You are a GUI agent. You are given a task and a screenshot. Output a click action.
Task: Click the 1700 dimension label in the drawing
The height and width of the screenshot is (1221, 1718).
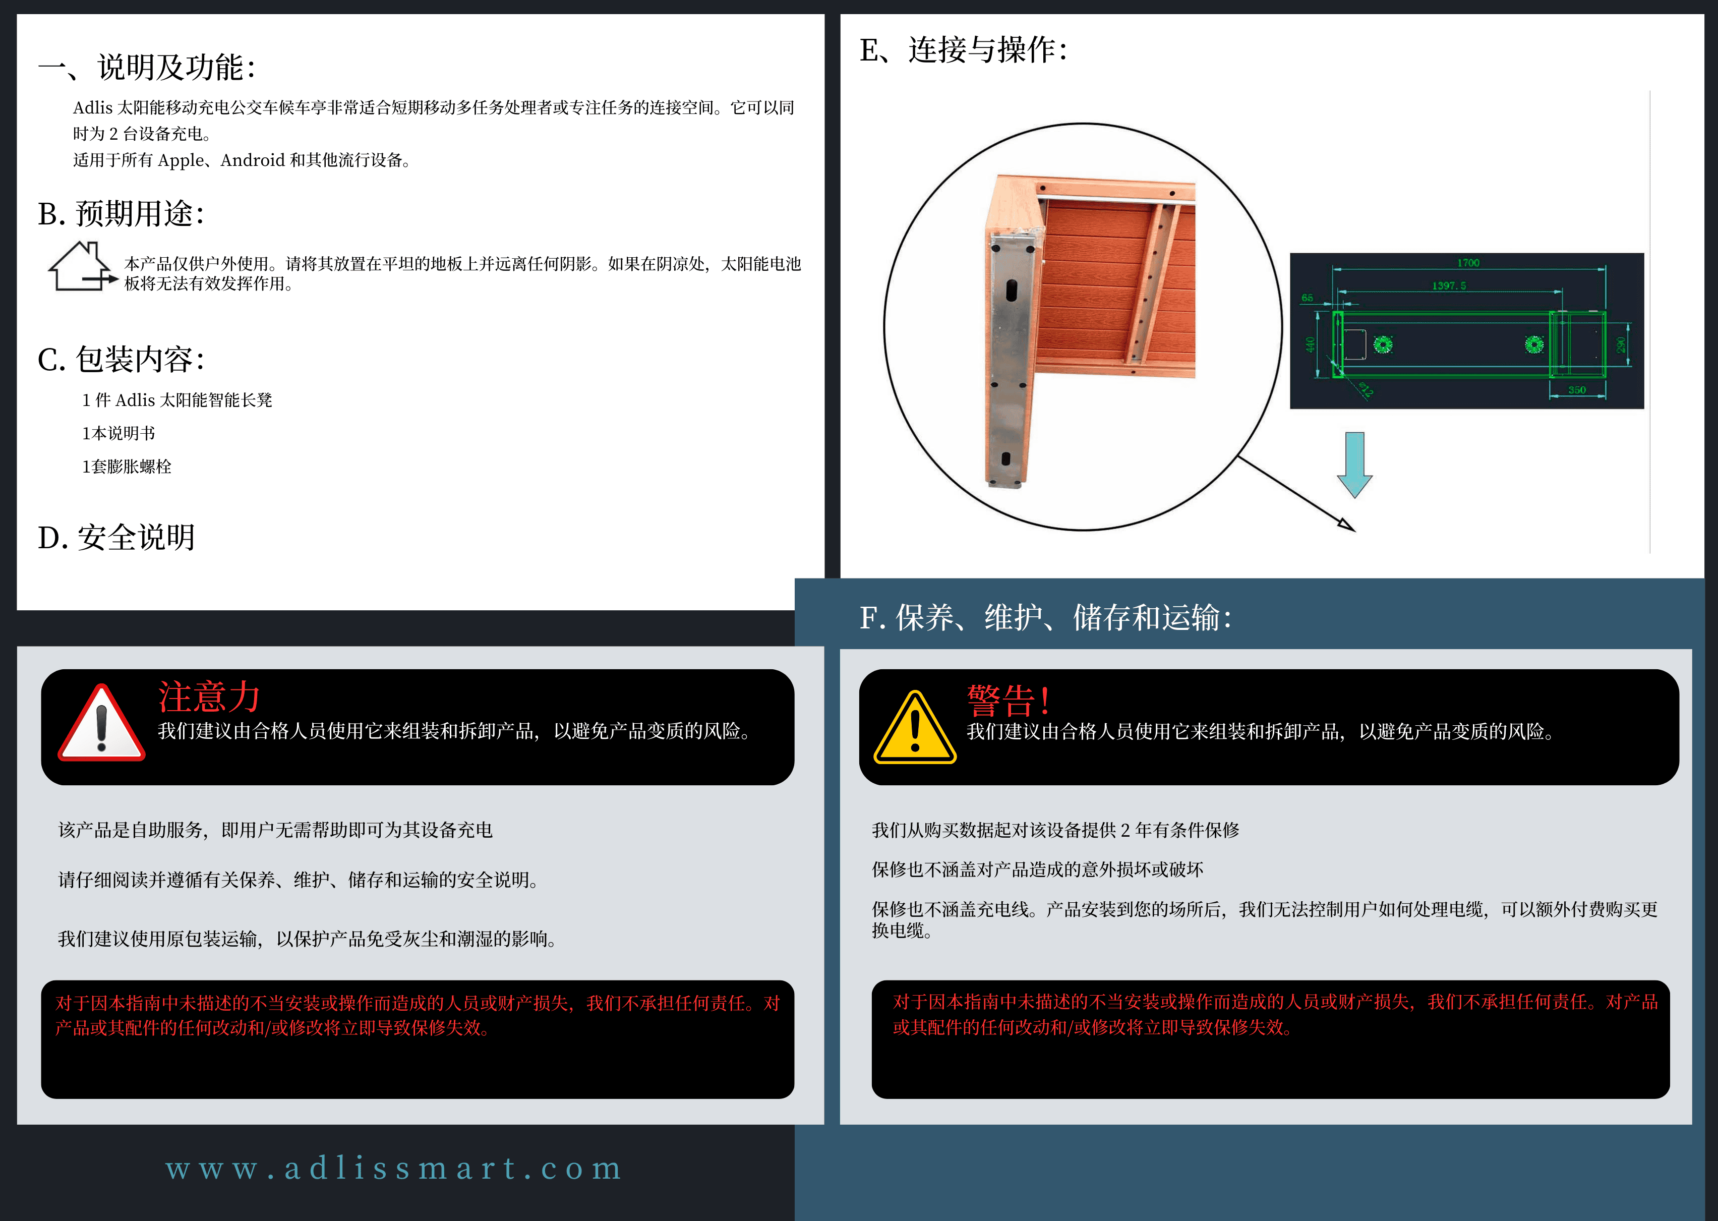tap(1468, 262)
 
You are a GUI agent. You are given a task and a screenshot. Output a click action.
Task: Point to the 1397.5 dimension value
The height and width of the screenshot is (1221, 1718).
tap(1448, 285)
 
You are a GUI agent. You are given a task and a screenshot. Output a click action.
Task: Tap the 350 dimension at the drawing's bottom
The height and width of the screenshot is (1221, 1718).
tap(1577, 389)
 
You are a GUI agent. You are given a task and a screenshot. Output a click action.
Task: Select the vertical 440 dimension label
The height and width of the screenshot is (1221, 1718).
tap(1310, 345)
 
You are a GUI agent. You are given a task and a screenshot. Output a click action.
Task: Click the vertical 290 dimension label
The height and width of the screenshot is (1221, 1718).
tap(1621, 344)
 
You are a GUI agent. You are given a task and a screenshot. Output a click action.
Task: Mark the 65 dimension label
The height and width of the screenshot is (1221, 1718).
tap(1307, 298)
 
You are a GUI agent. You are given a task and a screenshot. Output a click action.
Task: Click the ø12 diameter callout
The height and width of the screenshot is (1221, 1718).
tap(1366, 389)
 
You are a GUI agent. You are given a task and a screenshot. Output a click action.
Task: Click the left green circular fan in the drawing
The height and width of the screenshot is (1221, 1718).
tap(1383, 344)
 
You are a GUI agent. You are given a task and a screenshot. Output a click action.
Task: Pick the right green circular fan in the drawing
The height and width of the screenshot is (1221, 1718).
tap(1534, 344)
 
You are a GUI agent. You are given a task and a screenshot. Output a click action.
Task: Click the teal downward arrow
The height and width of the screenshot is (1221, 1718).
tap(1354, 464)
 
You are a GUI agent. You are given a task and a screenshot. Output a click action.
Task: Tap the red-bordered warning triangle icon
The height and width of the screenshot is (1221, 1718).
tap(101, 723)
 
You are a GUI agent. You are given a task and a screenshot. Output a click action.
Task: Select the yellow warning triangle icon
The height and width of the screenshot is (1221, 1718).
tap(915, 727)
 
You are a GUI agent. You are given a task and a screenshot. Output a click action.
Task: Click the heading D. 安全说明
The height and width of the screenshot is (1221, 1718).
tap(116, 538)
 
